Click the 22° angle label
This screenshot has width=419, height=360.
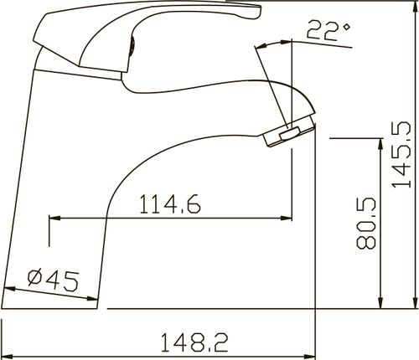[x=328, y=30]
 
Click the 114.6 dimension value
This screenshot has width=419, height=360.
[x=170, y=204]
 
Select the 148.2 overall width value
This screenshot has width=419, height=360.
[x=194, y=342]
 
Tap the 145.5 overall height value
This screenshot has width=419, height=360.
[x=402, y=154]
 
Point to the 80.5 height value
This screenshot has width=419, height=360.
[x=366, y=223]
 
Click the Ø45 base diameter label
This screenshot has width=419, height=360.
[x=53, y=280]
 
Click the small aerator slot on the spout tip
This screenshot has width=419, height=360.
[x=290, y=133]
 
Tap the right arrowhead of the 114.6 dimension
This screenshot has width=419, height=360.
[x=286, y=218]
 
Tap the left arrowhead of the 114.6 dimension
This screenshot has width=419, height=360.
[x=55, y=218]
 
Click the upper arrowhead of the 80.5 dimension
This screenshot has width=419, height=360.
[x=380, y=145]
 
